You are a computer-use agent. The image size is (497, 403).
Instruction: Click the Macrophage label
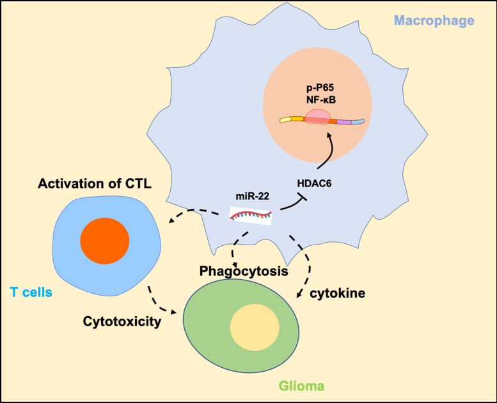(434, 20)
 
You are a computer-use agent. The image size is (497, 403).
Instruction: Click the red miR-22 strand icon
(251, 215)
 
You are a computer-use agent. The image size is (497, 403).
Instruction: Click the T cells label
(31, 292)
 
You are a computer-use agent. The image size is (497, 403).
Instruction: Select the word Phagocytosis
(243, 271)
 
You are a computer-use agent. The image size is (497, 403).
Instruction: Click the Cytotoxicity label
(122, 321)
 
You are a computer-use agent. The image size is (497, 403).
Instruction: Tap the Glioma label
(301, 386)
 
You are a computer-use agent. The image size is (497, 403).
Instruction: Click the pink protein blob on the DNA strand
(317, 118)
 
